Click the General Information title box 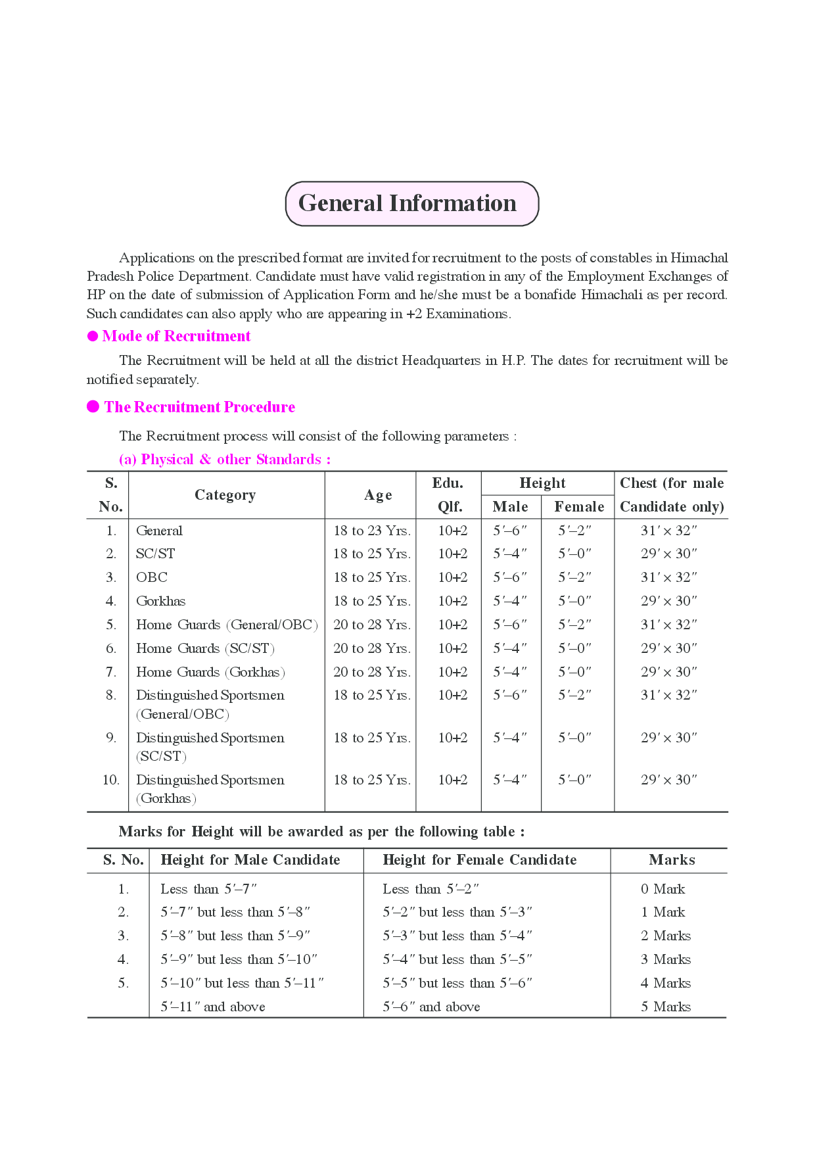pos(411,204)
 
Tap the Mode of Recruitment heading pos(176,336)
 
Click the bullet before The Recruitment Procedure pos(93,407)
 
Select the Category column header pos(225,495)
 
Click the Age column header pos(378,495)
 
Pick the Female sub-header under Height pos(578,506)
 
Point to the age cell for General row pos(371,531)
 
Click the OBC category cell pos(152,577)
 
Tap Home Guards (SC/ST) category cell pos(205,648)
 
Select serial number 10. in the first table pos(110,780)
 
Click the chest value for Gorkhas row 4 pos(668,601)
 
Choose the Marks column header pos(671,860)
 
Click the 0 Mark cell pos(663,889)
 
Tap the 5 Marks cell pos(665,1007)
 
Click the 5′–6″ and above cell pos(431,1007)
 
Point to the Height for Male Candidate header pos(250,860)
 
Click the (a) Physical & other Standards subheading pos(225,460)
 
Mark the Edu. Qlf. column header pos(448,494)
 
